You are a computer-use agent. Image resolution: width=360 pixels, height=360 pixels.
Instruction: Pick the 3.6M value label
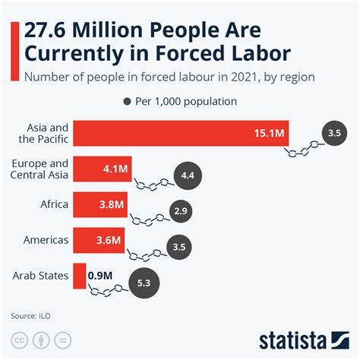[x=107, y=240]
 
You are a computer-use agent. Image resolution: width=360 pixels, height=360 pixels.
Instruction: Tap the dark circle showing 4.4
[x=187, y=176]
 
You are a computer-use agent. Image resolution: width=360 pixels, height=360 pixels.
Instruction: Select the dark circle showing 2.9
[x=180, y=210]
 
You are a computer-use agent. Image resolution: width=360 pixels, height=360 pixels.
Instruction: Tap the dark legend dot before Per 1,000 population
[x=127, y=101]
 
